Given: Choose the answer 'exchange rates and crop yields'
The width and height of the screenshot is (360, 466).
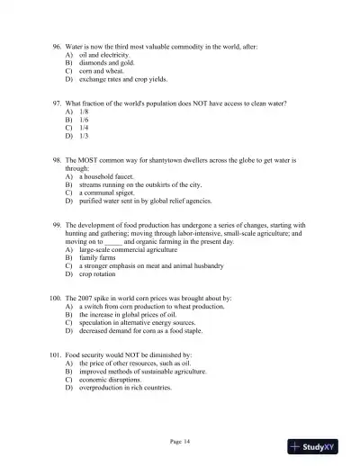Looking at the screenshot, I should point(121,80).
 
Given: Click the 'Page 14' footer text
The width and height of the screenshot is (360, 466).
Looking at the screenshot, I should point(181,441).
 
